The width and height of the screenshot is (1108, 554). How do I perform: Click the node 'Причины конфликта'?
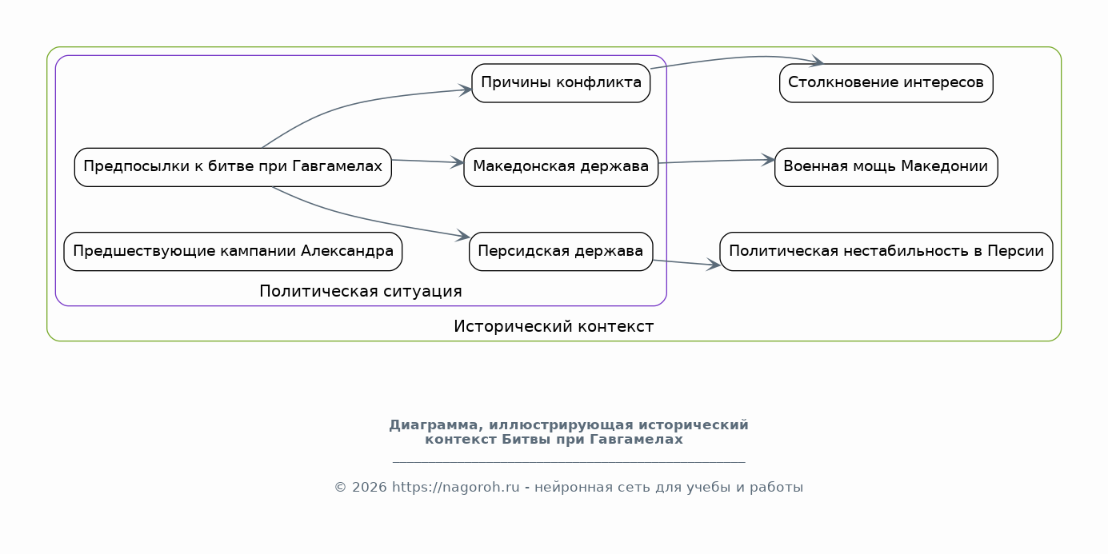[561, 83]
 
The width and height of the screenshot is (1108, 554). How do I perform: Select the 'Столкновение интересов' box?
[886, 83]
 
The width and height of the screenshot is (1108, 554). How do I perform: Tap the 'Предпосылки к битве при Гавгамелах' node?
[233, 167]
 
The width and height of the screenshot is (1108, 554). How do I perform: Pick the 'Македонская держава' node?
[561, 167]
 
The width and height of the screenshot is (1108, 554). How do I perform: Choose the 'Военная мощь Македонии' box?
[886, 167]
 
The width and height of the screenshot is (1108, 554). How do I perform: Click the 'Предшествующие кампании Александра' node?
[233, 252]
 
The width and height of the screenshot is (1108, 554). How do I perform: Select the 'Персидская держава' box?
[561, 252]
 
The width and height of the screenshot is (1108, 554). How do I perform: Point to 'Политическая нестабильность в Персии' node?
[886, 252]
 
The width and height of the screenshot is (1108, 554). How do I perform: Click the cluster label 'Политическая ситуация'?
[361, 291]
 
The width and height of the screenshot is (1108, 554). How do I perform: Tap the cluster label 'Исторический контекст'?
[554, 326]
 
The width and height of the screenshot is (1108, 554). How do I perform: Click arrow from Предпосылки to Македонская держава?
[428, 161]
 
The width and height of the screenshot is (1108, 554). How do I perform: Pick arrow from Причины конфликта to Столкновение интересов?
[742, 58]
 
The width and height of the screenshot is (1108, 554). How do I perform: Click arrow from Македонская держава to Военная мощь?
[716, 161]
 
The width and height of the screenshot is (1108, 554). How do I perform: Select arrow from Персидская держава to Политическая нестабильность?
[686, 263]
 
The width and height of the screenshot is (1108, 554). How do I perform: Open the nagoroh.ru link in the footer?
[455, 488]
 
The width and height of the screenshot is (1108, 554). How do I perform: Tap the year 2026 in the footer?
[369, 488]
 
